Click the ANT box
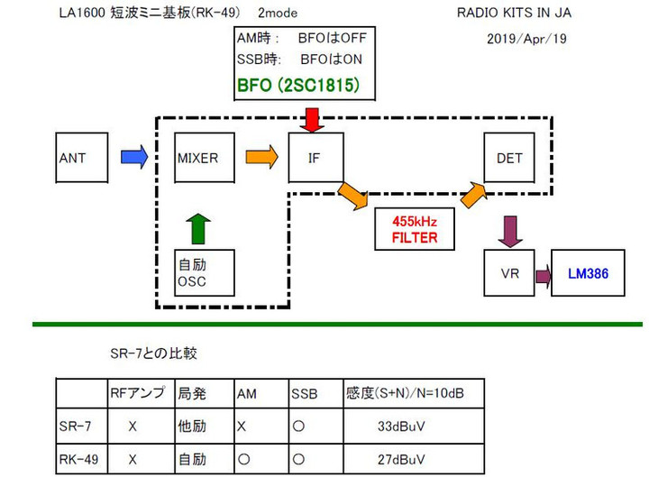click(x=81, y=158)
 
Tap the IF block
click(x=315, y=158)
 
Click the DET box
click(x=510, y=158)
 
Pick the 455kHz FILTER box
click(x=414, y=231)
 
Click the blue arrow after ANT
click(x=133, y=158)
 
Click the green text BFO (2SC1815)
click(x=299, y=87)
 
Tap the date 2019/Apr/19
click(x=526, y=39)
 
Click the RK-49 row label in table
click(x=78, y=459)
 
